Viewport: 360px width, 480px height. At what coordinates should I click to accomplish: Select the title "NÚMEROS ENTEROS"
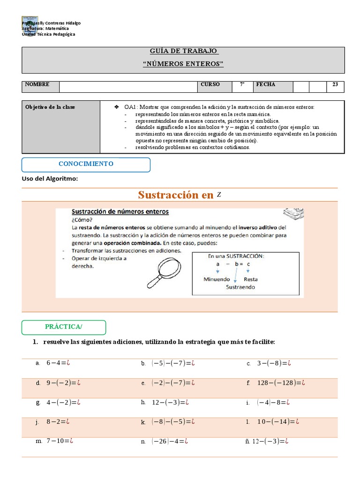[183, 64]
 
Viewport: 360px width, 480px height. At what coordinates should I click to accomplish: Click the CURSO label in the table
[210, 85]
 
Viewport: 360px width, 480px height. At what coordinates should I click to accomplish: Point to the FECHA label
[265, 85]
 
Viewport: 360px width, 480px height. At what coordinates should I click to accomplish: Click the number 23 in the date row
[335, 85]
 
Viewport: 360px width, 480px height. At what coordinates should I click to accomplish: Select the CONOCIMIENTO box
[86, 164]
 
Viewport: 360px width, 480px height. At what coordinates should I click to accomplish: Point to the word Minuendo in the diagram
[217, 279]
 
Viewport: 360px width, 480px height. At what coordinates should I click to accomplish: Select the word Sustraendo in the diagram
[240, 287]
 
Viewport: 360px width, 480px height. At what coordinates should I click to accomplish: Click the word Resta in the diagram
[251, 279]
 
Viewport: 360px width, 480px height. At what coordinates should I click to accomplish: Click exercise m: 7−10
[59, 441]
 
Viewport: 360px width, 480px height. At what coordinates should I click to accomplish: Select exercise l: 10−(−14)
[277, 421]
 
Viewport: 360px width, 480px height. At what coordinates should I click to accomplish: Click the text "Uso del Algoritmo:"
[50, 179]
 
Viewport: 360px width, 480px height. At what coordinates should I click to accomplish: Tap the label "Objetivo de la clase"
[50, 107]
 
